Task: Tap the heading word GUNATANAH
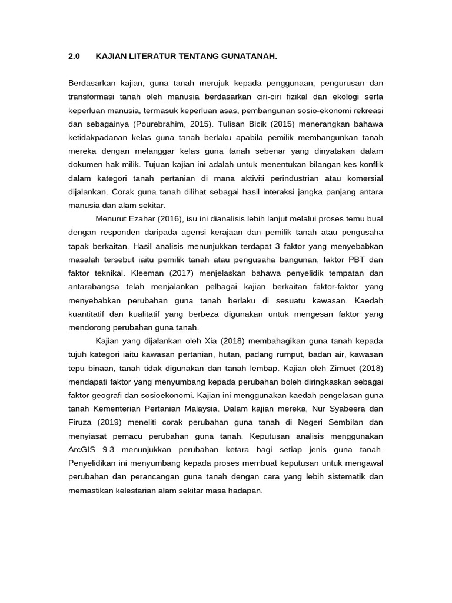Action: pos(246,57)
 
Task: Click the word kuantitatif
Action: pos(89,313)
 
